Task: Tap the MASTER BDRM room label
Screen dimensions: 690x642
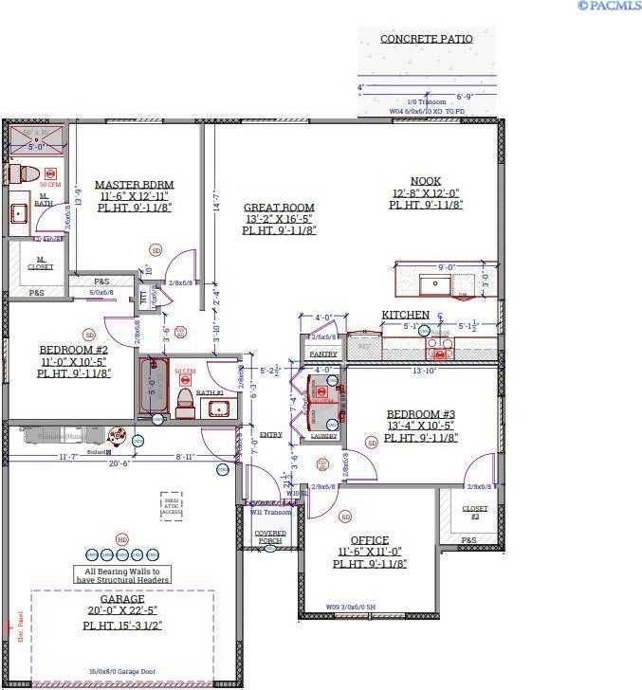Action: click(134, 185)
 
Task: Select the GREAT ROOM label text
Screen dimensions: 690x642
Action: click(279, 208)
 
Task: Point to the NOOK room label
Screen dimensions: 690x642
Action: click(426, 181)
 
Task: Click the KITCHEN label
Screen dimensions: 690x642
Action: click(405, 315)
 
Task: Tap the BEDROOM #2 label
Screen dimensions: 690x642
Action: click(74, 350)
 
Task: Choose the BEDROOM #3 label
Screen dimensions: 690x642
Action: click(421, 414)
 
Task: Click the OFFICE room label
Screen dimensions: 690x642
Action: click(370, 540)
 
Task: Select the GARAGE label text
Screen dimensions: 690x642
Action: click(122, 599)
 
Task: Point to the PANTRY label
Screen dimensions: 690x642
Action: click(323, 354)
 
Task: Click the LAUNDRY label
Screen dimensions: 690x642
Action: click(323, 436)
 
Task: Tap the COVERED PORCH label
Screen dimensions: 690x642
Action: click(270, 537)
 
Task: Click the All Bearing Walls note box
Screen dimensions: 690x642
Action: click(122, 575)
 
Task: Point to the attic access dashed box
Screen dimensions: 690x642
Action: click(171, 504)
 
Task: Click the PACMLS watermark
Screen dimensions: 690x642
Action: click(609, 6)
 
